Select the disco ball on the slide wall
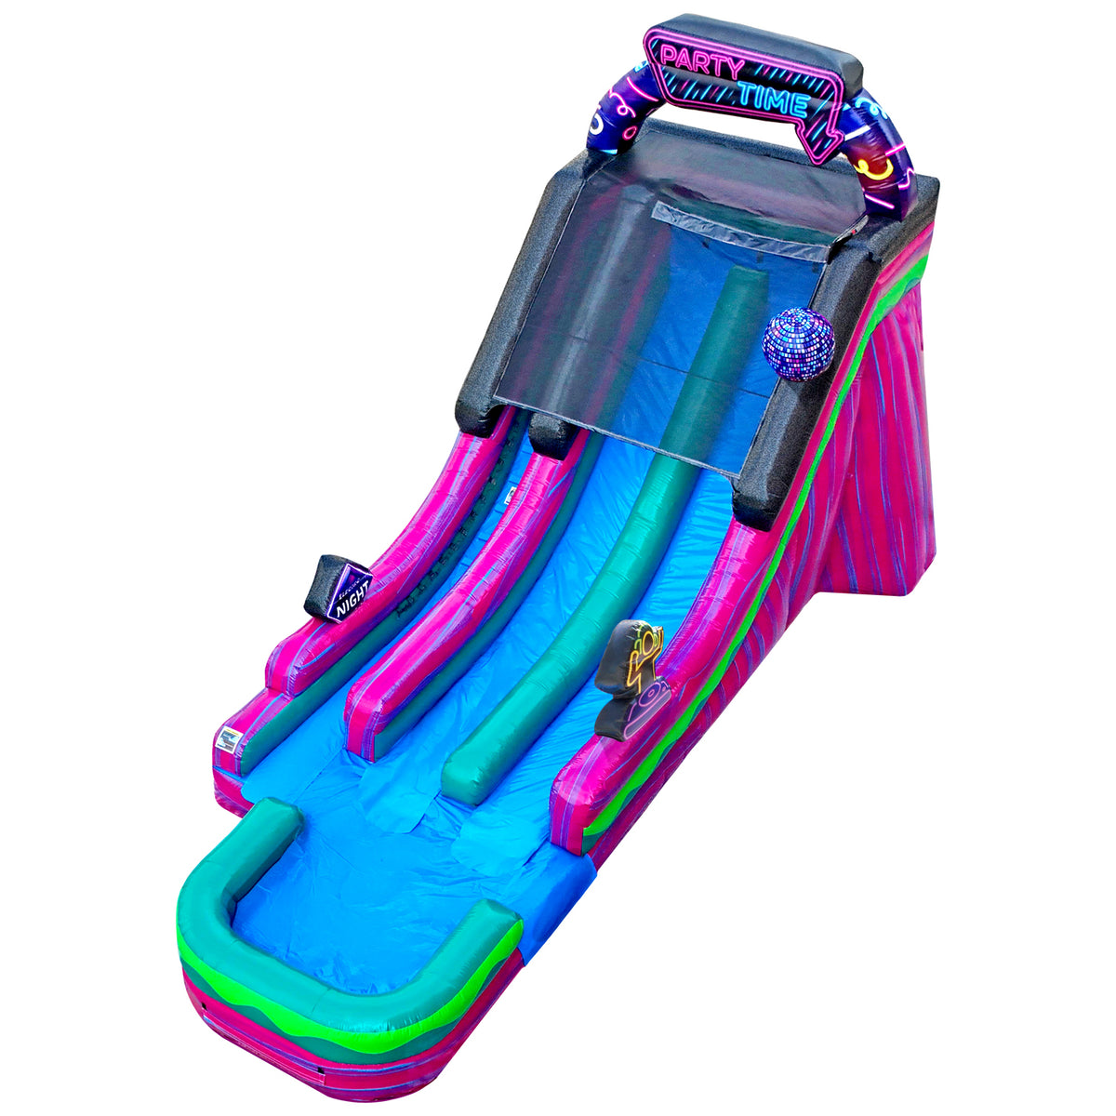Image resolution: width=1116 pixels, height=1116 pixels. click(x=798, y=344)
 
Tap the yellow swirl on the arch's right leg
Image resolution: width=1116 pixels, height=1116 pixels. click(x=878, y=168)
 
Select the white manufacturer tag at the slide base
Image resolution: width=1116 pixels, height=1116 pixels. click(x=227, y=739)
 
